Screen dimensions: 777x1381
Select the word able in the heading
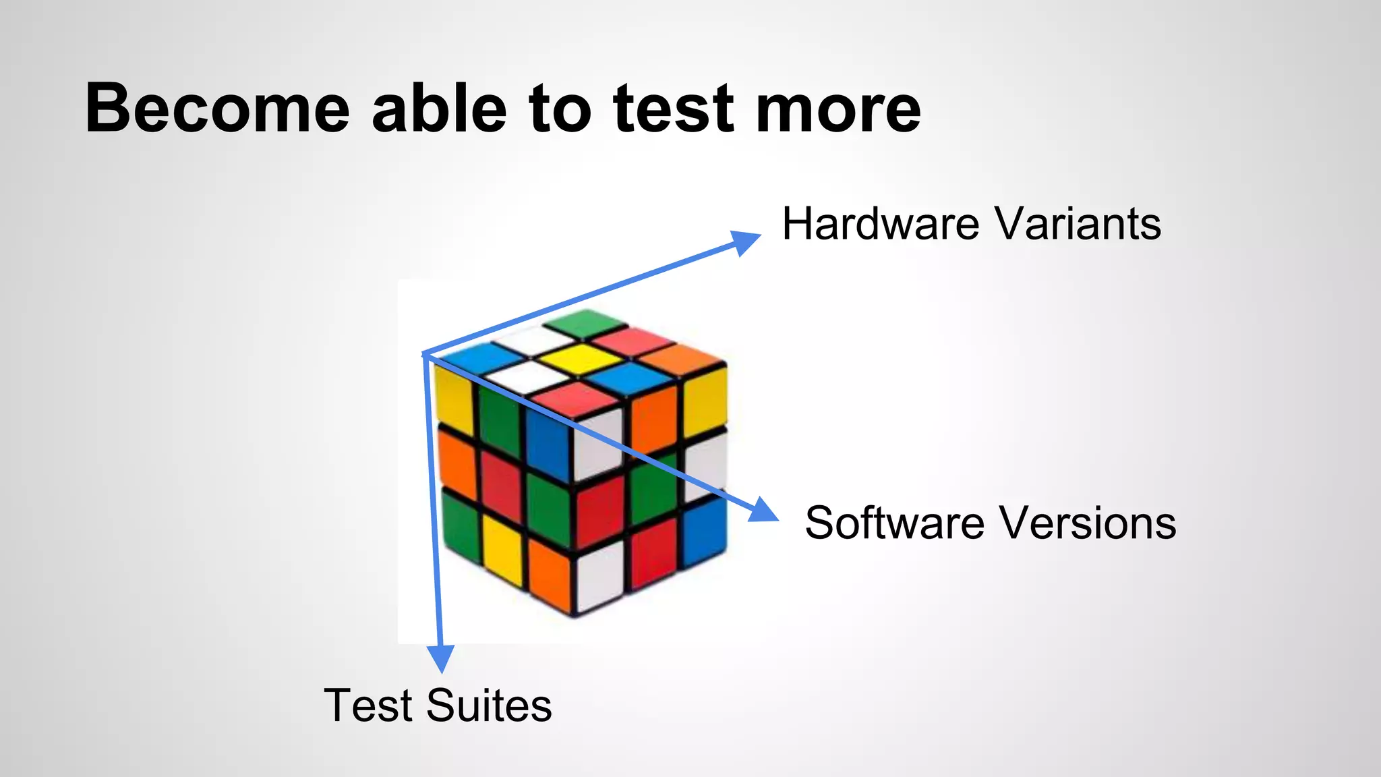tap(439, 108)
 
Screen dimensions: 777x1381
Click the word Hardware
tap(880, 224)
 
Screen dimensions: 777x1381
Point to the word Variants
tap(1078, 224)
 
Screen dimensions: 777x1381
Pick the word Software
tap(894, 523)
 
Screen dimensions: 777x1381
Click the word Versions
tap(1088, 523)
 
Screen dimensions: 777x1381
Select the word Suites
tap(489, 706)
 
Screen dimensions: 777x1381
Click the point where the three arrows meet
tap(423, 353)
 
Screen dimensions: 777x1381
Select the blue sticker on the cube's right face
tap(705, 530)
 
